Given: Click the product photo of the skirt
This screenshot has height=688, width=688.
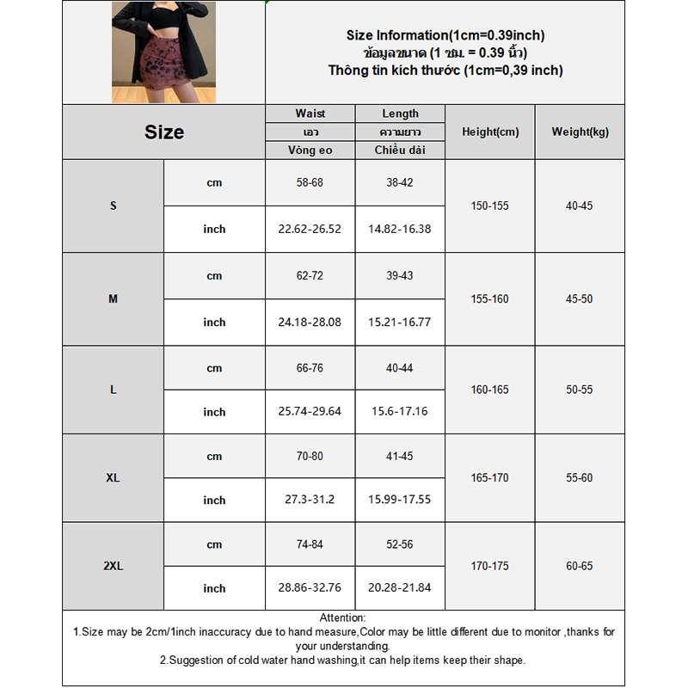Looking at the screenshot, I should coord(163,52).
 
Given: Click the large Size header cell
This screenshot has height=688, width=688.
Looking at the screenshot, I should coord(163,132).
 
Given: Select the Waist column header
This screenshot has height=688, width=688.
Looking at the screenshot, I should coord(310,114).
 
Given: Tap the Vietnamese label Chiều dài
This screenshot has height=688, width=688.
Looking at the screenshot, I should coord(400,150).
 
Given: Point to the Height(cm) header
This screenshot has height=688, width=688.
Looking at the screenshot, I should coord(490,132).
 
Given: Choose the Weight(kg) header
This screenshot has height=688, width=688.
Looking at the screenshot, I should coord(580,132).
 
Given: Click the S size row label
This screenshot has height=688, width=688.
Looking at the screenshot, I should coord(113,206).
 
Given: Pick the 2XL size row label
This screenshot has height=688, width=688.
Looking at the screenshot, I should coord(113,567).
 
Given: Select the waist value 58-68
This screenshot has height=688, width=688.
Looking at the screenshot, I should coord(310,183).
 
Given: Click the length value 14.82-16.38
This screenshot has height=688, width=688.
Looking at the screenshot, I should coord(400,229).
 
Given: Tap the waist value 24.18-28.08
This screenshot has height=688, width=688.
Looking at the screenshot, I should coord(310,322).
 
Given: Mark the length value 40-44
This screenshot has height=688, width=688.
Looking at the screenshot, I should coord(400,368).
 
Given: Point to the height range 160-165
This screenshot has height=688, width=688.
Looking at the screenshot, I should coord(490,390).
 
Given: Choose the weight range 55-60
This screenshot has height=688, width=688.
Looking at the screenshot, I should coord(580,478).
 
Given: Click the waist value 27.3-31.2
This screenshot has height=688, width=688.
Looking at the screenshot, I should coord(310,500).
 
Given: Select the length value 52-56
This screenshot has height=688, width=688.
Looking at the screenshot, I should coord(400,544).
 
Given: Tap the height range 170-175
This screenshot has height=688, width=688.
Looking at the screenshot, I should coord(490,567).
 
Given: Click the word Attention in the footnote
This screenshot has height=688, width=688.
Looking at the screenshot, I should coord(342,617).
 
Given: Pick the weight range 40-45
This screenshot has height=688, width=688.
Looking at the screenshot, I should coord(580,206).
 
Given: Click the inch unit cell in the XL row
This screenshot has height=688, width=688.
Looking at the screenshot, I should coord(214,501).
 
